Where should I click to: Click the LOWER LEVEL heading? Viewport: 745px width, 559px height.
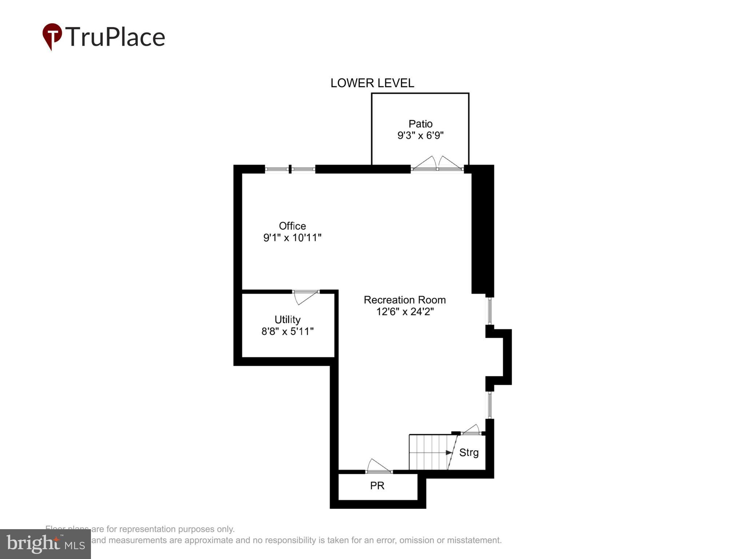click(372, 83)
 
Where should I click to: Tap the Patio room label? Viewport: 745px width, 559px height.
click(420, 124)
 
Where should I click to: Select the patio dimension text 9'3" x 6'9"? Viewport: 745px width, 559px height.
click(420, 136)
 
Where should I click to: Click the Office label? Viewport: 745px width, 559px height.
click(292, 226)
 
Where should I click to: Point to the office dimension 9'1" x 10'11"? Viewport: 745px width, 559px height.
click(292, 238)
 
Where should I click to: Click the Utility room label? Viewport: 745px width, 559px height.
click(287, 320)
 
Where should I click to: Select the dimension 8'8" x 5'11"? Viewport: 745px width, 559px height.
click(287, 332)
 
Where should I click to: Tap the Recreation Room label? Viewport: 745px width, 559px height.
click(405, 300)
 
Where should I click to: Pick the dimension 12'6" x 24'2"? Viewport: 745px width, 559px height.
click(405, 312)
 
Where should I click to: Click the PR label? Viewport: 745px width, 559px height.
click(377, 486)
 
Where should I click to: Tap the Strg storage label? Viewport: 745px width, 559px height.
click(469, 453)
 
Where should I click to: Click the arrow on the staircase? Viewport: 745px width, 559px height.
click(449, 453)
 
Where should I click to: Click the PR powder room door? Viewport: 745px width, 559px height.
click(378, 467)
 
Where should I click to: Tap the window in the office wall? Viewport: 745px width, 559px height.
click(290, 169)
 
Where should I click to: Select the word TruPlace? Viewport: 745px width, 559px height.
click(115, 37)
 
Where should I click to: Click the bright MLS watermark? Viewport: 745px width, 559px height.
click(45, 544)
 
